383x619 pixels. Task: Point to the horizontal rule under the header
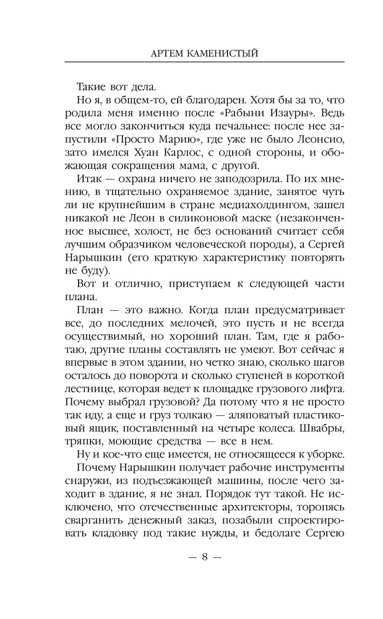pyautogui.click(x=204, y=63)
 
